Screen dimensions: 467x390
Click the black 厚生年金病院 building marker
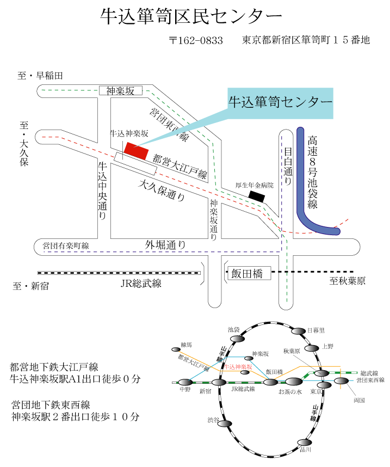pos(256,195)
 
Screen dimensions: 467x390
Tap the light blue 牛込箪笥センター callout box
pos(280,102)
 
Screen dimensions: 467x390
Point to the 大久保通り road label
pos(162,191)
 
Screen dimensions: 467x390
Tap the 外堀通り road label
pos(165,245)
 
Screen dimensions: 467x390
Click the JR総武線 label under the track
pos(141,283)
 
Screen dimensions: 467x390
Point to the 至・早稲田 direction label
pos(41,76)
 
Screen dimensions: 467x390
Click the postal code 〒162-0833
pos(196,41)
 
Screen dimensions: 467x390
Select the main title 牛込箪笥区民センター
pos(191,17)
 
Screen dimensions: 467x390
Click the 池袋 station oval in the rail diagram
pos(237,339)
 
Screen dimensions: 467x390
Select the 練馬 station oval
pos(176,349)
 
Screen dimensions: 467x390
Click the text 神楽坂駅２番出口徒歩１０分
pos(76,417)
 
